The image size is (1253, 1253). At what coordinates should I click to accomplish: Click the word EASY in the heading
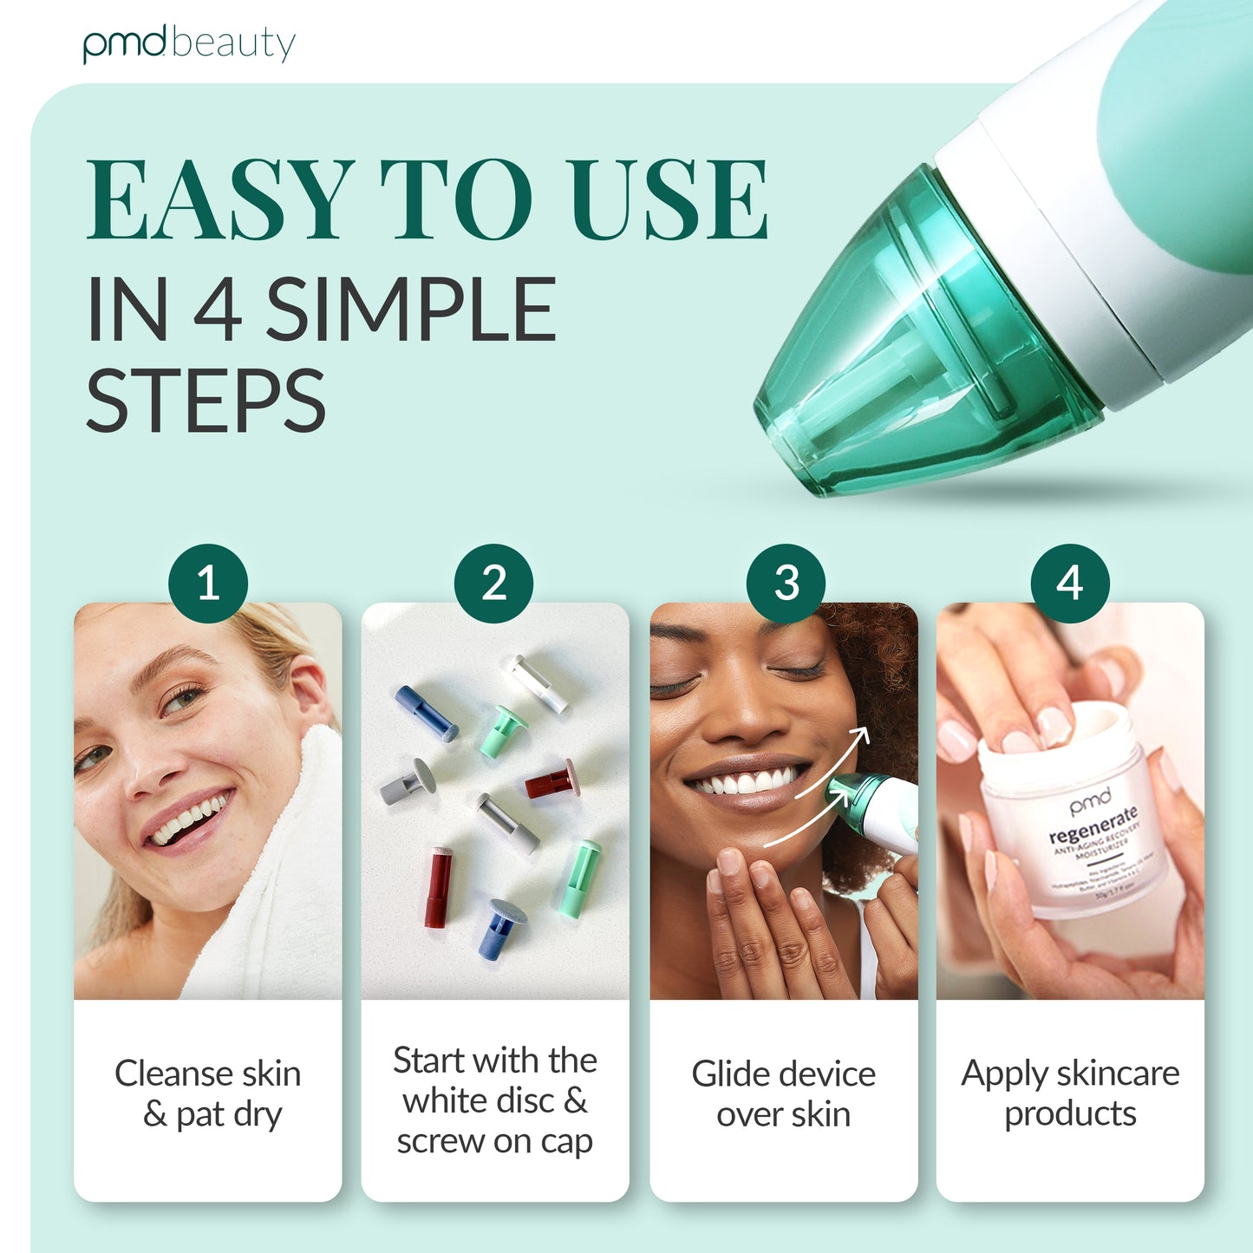(x=220, y=200)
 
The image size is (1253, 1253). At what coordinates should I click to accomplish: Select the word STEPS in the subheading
(x=206, y=401)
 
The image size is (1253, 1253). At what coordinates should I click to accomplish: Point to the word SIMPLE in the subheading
(x=410, y=310)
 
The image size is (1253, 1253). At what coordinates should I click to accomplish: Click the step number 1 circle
(x=208, y=583)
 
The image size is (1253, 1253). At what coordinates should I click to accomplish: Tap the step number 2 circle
(x=494, y=583)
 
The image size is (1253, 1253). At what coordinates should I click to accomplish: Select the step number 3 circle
(x=786, y=583)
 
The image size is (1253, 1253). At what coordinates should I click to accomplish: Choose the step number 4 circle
(x=1070, y=583)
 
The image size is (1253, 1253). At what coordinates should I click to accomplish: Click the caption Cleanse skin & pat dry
(x=208, y=1093)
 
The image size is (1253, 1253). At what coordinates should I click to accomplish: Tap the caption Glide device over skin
(x=784, y=1093)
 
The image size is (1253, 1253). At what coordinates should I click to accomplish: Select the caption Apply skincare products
(x=1070, y=1093)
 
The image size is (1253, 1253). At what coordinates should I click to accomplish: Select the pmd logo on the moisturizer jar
(x=1089, y=801)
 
